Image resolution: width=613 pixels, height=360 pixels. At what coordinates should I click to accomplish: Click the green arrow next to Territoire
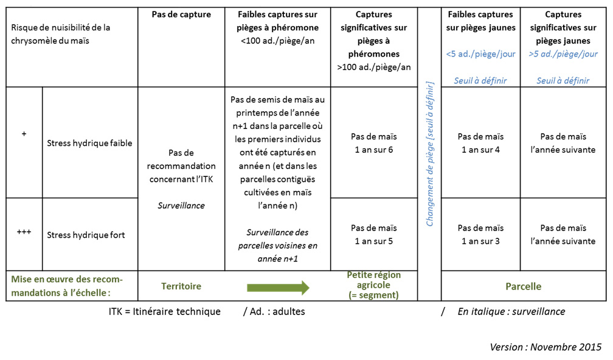coord(278,288)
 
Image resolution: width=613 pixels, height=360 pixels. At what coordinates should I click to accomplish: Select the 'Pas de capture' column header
coord(181,15)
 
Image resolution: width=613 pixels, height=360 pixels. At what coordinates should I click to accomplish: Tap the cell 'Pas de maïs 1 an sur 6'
coord(374,143)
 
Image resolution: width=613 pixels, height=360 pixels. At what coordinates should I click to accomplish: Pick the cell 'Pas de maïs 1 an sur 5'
coord(374,235)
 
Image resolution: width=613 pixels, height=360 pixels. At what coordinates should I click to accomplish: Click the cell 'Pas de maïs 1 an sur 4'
coord(480,143)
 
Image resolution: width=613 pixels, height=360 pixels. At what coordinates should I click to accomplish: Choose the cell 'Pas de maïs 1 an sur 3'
coord(480,235)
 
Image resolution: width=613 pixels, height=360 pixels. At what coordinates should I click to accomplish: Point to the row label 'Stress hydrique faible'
coord(89,144)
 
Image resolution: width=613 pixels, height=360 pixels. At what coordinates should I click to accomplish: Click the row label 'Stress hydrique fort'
coord(86,235)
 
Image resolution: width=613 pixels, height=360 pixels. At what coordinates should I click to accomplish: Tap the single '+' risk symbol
coord(24,134)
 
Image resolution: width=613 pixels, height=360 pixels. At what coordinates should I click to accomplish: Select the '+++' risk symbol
coord(24,232)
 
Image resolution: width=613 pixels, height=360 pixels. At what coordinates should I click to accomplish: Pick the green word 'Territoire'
coord(181,286)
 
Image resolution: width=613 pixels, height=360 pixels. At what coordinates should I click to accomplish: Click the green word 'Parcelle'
coord(524,286)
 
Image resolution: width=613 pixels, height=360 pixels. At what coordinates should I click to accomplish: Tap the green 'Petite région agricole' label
coord(374,280)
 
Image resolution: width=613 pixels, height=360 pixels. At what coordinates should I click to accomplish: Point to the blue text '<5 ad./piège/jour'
coord(480,54)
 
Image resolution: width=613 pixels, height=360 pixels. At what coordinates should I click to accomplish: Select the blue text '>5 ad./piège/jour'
coord(563,54)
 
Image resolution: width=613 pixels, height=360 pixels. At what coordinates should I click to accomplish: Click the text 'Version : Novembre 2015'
coord(545,347)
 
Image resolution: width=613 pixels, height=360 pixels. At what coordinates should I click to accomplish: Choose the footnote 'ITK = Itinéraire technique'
coord(165,311)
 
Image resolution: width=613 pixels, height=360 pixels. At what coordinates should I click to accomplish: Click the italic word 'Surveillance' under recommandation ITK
coord(181,206)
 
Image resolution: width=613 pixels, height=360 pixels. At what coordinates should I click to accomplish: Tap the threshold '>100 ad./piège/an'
coord(374,67)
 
